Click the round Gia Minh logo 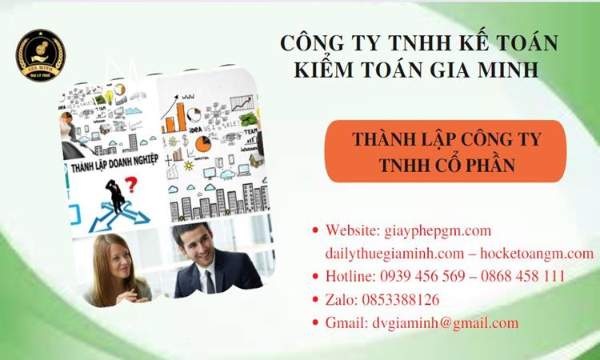click(41, 54)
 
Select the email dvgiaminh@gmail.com click(445, 323)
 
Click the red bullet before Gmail click(315, 323)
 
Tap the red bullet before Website click(315, 230)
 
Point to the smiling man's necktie click(210, 279)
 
